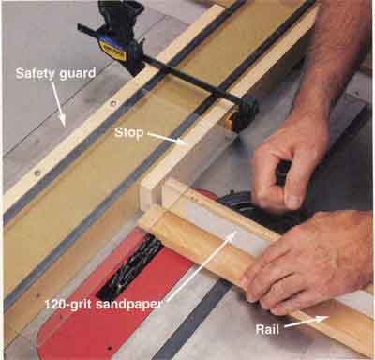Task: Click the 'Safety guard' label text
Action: pyautogui.click(x=55, y=74)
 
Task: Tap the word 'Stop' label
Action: pyautogui.click(x=128, y=132)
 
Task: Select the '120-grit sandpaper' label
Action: pyautogui.click(x=103, y=304)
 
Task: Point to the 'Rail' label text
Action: pyautogui.click(x=267, y=329)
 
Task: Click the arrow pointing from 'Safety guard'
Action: pyautogui.click(x=59, y=104)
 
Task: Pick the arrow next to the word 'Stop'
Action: pyautogui.click(x=167, y=139)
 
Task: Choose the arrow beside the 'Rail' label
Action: pyautogui.click(x=306, y=322)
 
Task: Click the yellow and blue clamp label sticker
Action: pyautogui.click(x=112, y=50)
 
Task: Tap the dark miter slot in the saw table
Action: pyautogui.click(x=194, y=319)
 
